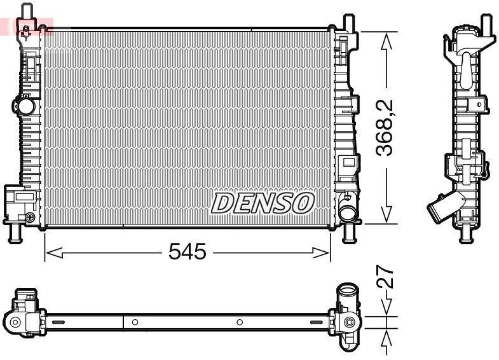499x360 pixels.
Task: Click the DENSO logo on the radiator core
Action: (x=263, y=204)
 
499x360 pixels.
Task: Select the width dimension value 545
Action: (x=188, y=253)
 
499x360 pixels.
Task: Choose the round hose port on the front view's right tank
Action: (x=346, y=212)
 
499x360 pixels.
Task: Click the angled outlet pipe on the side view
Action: (x=441, y=208)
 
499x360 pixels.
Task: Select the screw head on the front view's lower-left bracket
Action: (x=30, y=218)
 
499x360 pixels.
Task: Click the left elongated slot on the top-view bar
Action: (x=58, y=322)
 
